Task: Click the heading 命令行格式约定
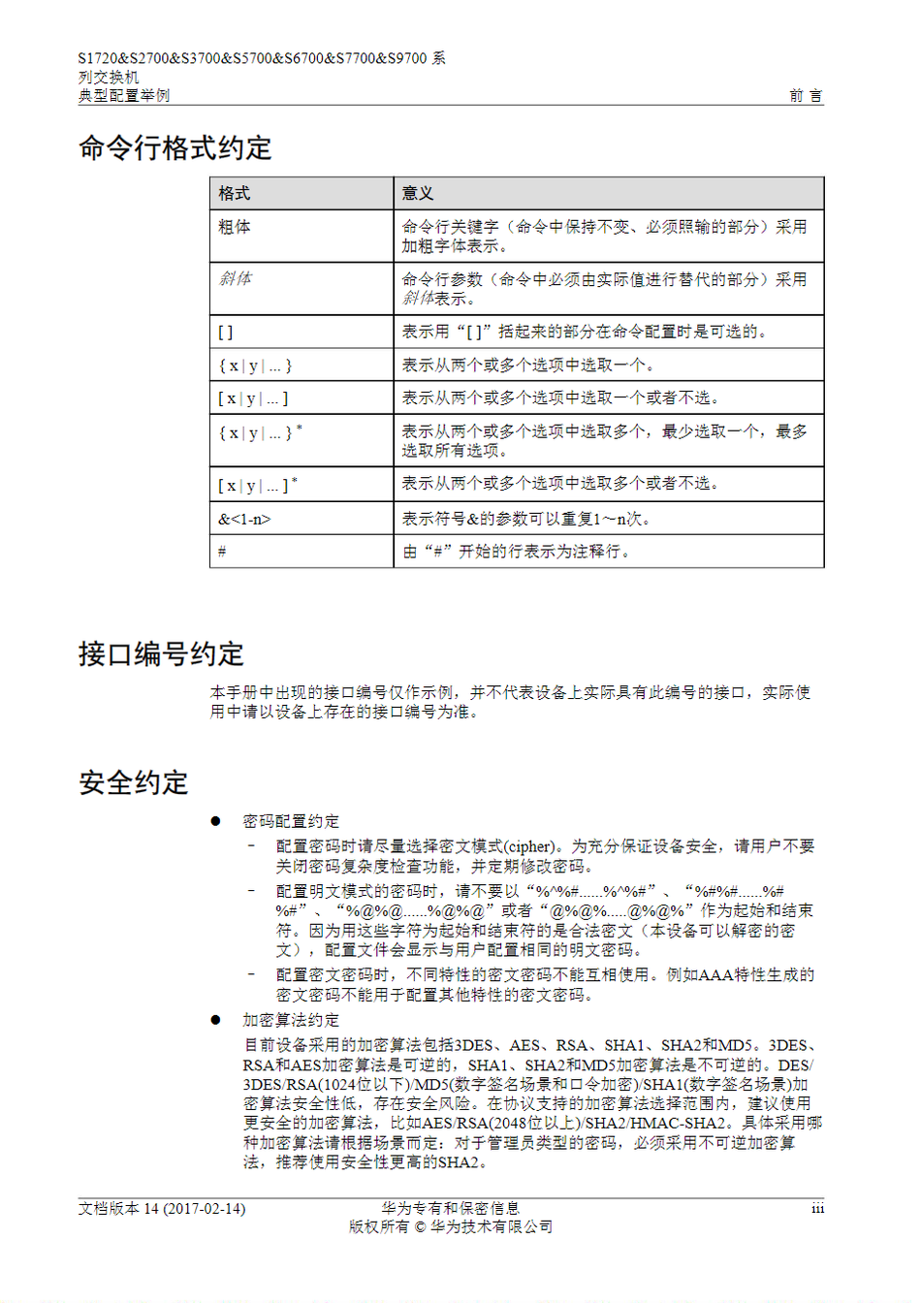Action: [x=175, y=148]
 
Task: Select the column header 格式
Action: [x=235, y=194]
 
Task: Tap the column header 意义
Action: [x=418, y=194]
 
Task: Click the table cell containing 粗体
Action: [x=235, y=227]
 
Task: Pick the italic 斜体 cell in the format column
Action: [x=235, y=278]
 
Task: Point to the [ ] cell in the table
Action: [x=226, y=333]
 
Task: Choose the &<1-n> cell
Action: [x=244, y=520]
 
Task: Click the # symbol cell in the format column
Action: [x=222, y=552]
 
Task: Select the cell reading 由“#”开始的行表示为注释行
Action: [x=517, y=552]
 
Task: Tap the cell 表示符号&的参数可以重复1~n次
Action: [x=525, y=520]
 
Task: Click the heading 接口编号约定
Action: [x=161, y=654]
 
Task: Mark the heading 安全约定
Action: [x=134, y=783]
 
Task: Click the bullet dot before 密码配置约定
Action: [x=216, y=821]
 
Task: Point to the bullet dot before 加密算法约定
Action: [x=216, y=1020]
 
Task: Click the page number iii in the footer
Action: [x=817, y=1209]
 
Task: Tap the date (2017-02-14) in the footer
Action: [x=205, y=1209]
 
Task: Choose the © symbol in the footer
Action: [x=420, y=1227]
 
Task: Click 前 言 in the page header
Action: [x=806, y=95]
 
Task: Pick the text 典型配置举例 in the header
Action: [x=124, y=95]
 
